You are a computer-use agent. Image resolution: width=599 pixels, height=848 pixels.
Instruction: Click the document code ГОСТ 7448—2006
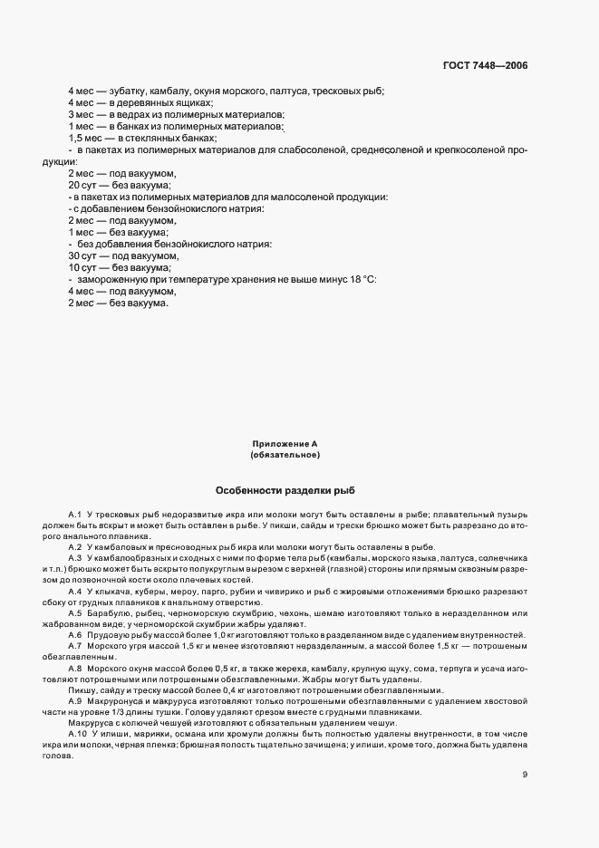[x=485, y=66]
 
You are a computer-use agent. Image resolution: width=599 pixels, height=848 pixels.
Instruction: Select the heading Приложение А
[x=285, y=444]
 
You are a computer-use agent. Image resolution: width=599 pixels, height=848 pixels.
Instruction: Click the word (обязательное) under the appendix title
[x=285, y=456]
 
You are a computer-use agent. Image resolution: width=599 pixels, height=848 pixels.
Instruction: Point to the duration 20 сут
[x=82, y=185]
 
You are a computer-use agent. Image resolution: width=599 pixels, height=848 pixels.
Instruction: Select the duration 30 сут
[x=82, y=255]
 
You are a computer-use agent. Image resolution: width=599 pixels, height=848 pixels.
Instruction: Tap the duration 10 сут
[x=82, y=267]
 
